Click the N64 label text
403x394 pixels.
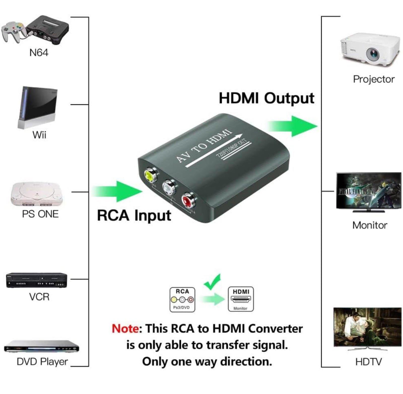pyautogui.click(x=39, y=53)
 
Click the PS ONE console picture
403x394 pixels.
pyautogui.click(x=37, y=194)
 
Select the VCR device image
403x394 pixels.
pyautogui.click(x=37, y=280)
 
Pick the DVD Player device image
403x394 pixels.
pyautogui.click(x=42, y=347)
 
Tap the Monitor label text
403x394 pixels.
pyautogui.click(x=370, y=225)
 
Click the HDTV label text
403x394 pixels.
pyautogui.click(x=368, y=362)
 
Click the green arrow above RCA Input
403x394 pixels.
pyautogui.click(x=117, y=191)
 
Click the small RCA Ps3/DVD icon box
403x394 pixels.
pyautogui.click(x=182, y=300)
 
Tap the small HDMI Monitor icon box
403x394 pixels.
pyautogui.click(x=241, y=299)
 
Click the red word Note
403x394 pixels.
pyautogui.click(x=125, y=329)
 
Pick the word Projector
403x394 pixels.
pyautogui.click(x=374, y=79)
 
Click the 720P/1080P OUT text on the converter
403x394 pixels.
pyautogui.click(x=231, y=149)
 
